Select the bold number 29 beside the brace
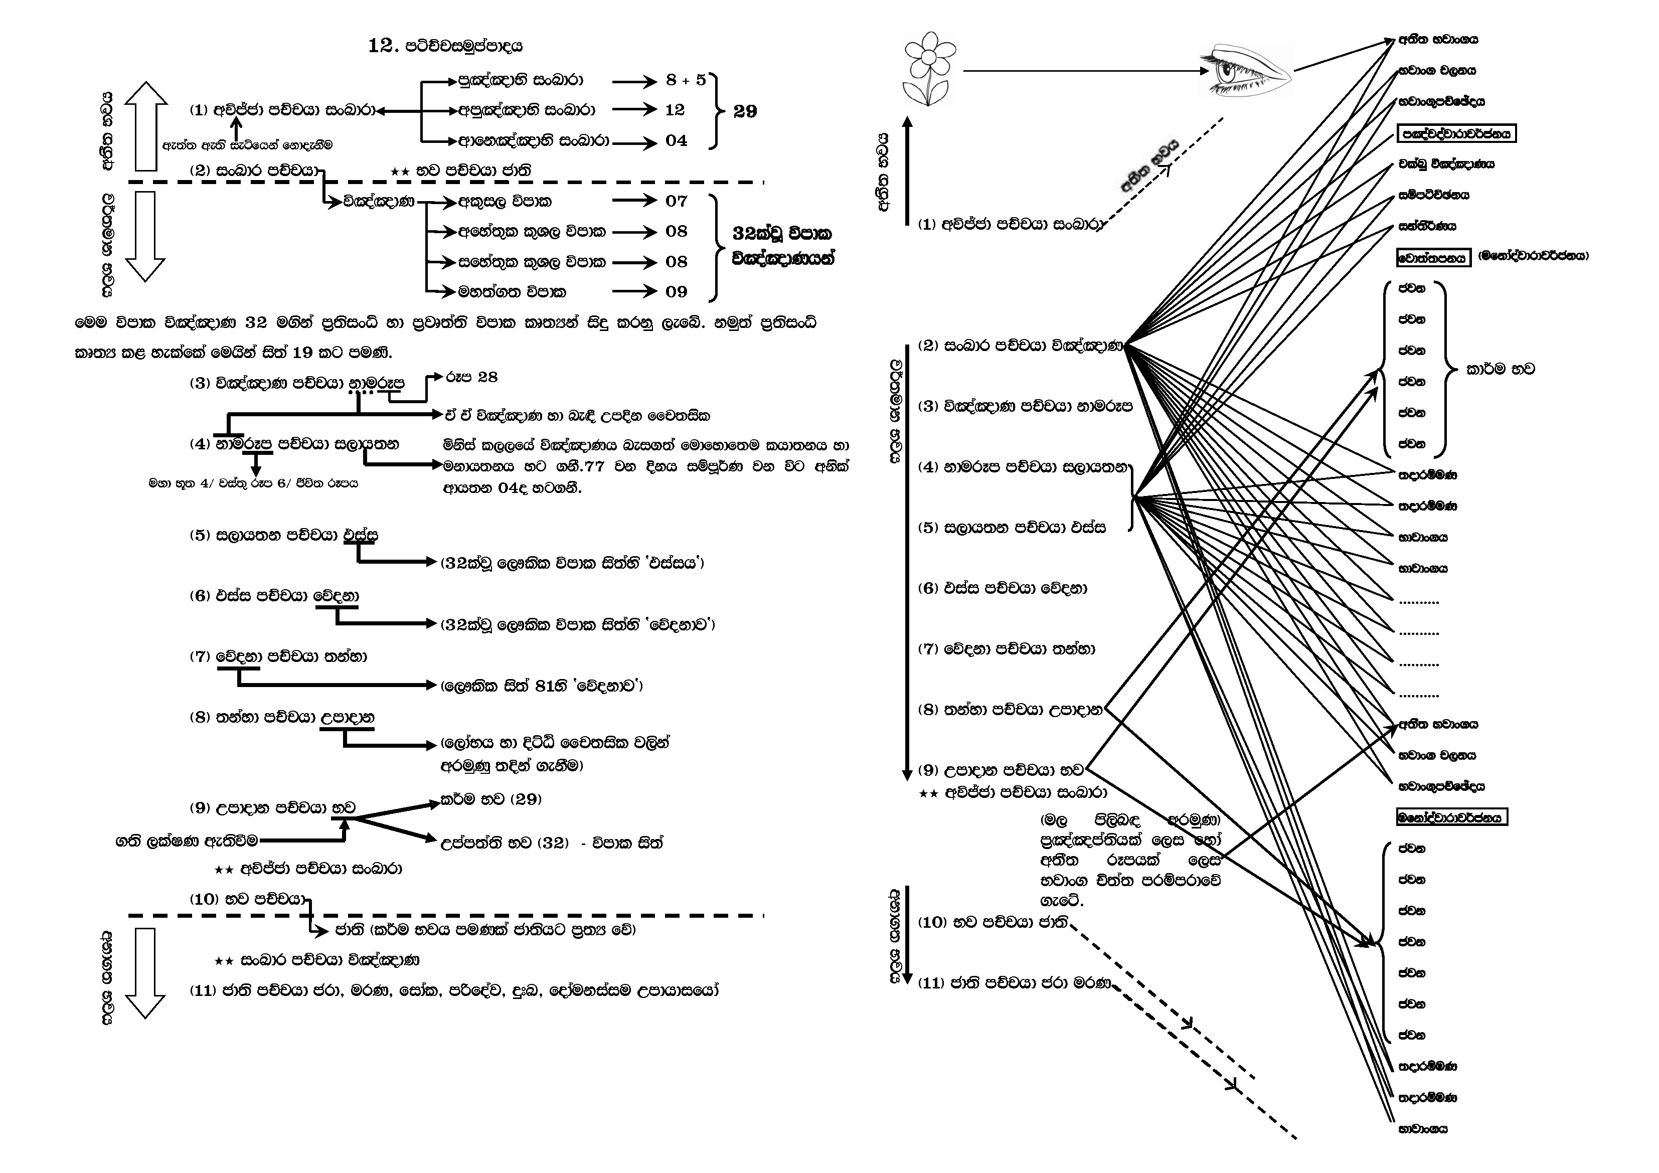745,111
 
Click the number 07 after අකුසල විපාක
677,201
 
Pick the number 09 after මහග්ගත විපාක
677,292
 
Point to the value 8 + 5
686,80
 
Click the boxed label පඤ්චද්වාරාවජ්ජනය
1455,134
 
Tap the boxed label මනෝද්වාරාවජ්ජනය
1451,817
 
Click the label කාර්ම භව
1500,369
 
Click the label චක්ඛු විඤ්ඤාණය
1446,164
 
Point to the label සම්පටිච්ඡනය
1433,195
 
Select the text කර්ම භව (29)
490,799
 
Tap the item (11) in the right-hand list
1013,983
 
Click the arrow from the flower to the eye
1084,71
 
